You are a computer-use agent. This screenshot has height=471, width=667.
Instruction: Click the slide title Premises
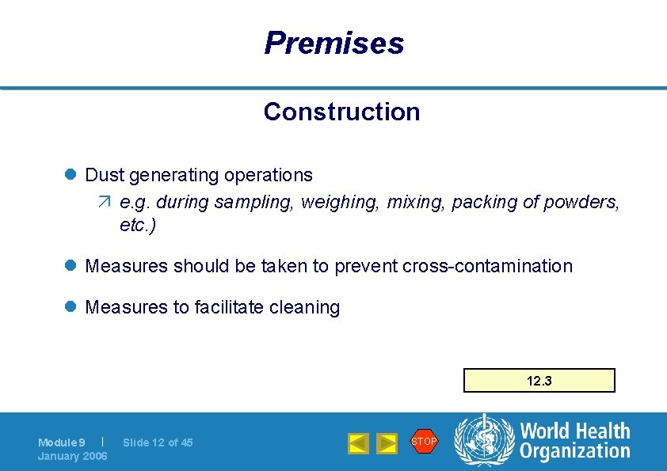(333, 43)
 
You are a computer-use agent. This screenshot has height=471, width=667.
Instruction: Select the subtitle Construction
(341, 112)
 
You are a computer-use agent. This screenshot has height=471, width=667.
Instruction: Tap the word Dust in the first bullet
(105, 175)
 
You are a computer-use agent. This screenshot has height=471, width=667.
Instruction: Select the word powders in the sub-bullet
(581, 202)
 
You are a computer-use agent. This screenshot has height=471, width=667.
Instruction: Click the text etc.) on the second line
(138, 226)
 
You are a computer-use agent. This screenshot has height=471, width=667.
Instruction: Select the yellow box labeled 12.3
(539, 381)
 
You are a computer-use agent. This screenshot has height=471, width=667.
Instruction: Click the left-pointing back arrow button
(358, 443)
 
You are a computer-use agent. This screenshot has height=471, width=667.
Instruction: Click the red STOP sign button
(424, 441)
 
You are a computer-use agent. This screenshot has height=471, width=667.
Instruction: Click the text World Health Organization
(574, 441)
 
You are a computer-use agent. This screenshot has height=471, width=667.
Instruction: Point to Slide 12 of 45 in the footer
(158, 443)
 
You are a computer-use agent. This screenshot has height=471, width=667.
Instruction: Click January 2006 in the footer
(73, 456)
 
